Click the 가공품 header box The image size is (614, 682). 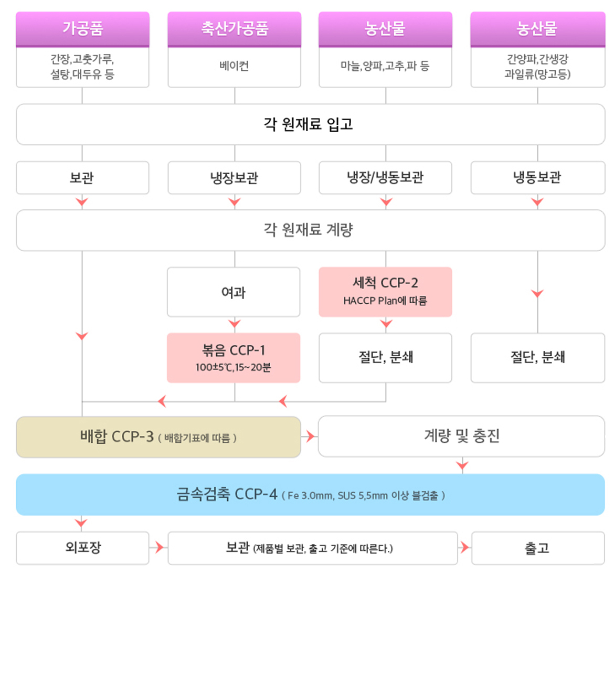(x=82, y=29)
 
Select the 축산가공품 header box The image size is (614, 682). (x=234, y=29)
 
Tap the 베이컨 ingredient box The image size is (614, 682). (x=234, y=67)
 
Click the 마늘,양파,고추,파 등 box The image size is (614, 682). (x=385, y=67)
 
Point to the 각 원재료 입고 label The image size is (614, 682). (x=308, y=124)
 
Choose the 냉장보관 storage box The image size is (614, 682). (x=234, y=177)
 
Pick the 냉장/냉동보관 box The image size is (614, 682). (x=385, y=177)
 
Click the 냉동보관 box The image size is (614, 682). (x=537, y=177)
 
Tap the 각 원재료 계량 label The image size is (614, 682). (x=308, y=230)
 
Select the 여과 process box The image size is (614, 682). (x=234, y=292)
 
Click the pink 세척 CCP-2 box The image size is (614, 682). (x=385, y=292)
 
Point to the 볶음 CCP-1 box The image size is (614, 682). (x=234, y=358)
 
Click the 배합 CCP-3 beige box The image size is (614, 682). (x=158, y=437)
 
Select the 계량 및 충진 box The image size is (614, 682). (x=461, y=436)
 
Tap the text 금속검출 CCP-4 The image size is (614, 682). (x=227, y=494)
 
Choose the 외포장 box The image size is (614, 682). (x=82, y=548)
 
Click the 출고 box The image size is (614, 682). (x=538, y=548)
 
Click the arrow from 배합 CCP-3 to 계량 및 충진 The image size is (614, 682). (x=309, y=436)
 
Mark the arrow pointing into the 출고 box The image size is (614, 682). (x=464, y=548)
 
